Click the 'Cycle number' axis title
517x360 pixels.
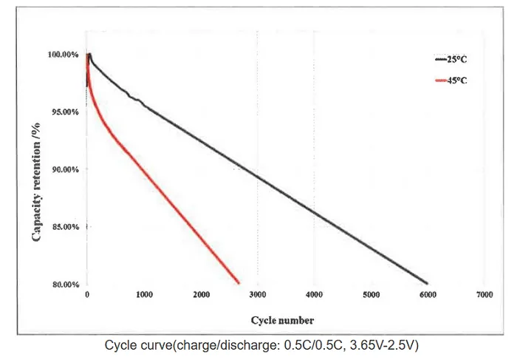[x=282, y=320]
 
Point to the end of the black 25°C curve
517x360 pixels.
[x=427, y=283]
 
